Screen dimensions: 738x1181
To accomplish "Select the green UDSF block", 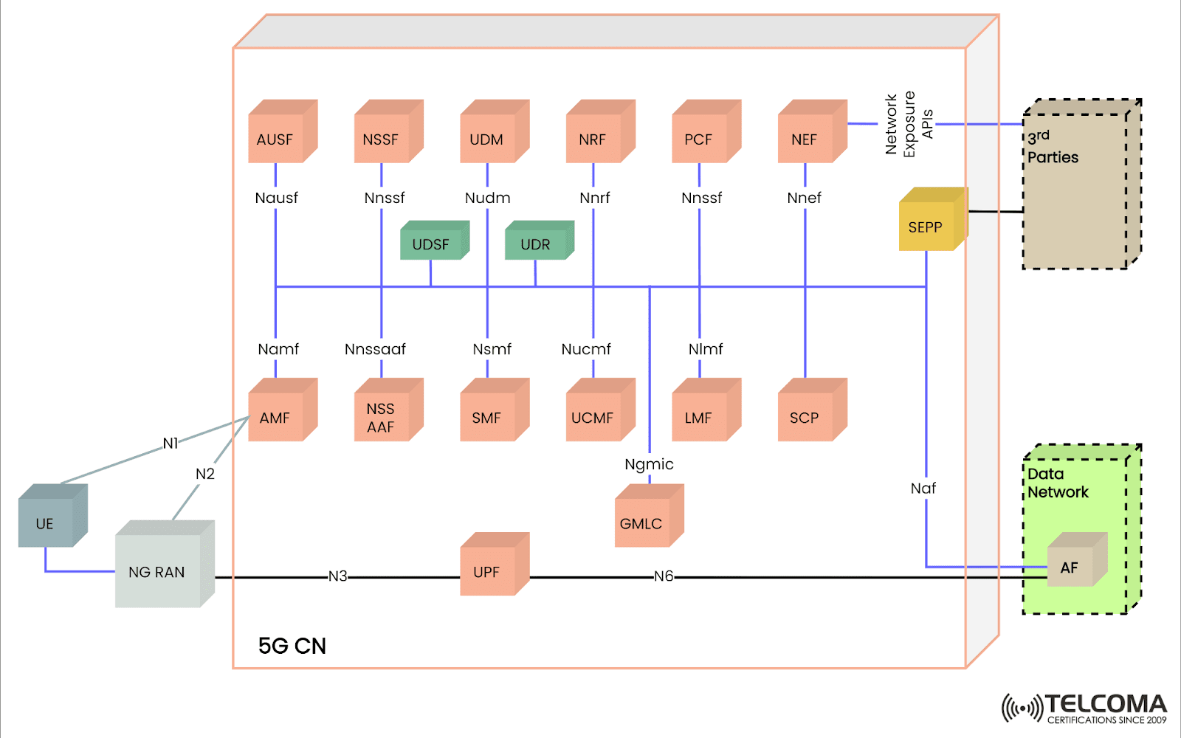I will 431,244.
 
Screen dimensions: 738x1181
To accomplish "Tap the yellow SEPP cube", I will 926,227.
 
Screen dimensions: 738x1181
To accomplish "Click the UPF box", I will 487,571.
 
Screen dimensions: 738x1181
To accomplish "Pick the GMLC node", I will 641,523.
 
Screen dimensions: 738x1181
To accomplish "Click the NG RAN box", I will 157,572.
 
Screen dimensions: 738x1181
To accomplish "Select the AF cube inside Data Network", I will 1070,567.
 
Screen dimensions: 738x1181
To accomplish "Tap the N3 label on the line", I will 337,576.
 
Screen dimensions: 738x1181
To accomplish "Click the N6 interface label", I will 664,576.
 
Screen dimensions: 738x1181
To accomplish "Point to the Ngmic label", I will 649,464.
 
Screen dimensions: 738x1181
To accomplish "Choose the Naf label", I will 923,489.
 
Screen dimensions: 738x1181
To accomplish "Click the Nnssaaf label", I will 375,349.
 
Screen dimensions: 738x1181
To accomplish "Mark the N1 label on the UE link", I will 171,443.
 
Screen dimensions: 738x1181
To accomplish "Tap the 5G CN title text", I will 292,646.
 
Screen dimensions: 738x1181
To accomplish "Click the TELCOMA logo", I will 1084,708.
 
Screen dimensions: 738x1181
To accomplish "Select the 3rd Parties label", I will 1053,147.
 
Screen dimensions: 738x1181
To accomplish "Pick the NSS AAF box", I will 381,418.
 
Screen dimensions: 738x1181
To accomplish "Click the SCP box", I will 805,418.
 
